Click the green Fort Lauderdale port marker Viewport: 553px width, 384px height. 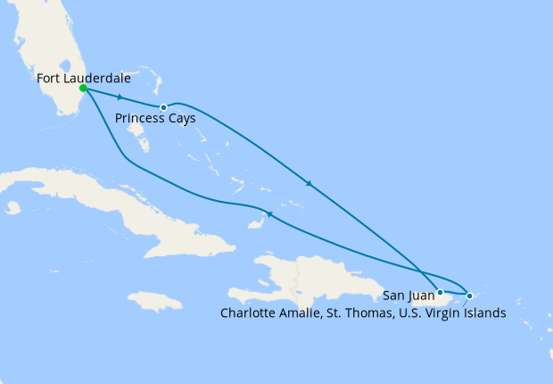click(83, 88)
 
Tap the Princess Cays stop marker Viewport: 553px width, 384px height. click(163, 108)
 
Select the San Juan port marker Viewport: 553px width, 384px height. click(441, 292)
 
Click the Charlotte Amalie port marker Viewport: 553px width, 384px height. click(470, 295)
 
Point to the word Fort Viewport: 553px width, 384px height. click(50, 78)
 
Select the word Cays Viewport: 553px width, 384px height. click(183, 119)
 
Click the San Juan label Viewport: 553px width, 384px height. click(408, 294)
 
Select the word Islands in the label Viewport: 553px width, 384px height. click(485, 313)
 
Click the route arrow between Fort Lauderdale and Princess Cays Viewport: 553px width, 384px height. click(120, 97)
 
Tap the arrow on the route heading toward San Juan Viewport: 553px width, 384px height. click(309, 184)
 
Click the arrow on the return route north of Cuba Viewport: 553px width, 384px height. click(270, 214)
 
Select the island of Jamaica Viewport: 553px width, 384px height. click(161, 301)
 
